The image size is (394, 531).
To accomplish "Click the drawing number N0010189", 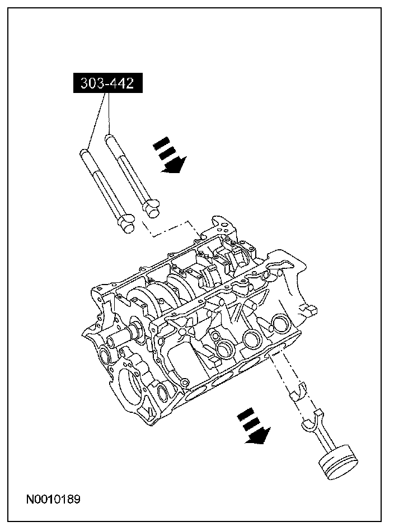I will (x=52, y=499).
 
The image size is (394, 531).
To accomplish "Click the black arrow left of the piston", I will (x=254, y=428).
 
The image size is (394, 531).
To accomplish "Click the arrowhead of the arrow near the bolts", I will (x=172, y=166).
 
